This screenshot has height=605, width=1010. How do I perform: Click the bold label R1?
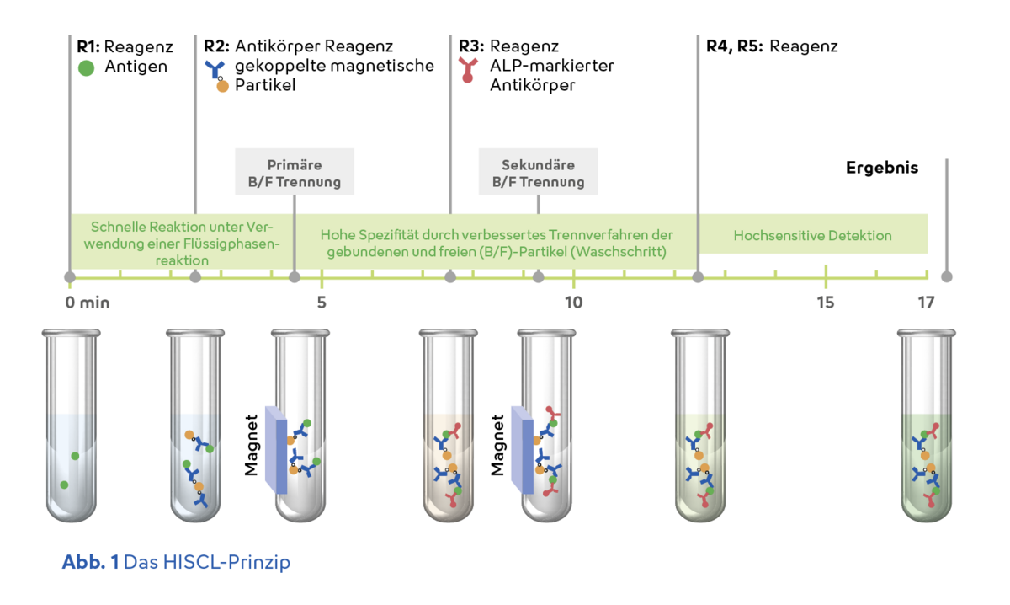(88, 46)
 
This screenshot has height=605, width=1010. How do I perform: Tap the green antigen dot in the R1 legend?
(86, 68)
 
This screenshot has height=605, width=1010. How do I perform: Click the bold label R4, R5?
(734, 46)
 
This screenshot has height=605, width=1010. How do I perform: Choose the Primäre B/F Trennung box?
(295, 172)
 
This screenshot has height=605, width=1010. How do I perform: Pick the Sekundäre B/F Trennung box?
(539, 172)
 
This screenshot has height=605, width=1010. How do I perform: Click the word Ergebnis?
(882, 168)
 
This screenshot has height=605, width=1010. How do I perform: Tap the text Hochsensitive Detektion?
(812, 235)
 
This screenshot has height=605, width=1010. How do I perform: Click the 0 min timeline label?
(88, 302)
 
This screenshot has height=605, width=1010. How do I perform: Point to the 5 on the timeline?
(322, 302)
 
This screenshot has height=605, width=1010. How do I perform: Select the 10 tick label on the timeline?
(573, 302)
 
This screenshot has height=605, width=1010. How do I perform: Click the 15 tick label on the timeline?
(826, 302)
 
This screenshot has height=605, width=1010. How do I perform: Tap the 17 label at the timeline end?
(926, 302)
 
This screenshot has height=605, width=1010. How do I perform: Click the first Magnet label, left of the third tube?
(251, 445)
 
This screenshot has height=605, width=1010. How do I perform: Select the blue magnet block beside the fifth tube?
(523, 450)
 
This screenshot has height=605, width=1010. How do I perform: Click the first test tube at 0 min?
(72, 426)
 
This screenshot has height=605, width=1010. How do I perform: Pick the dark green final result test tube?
(927, 426)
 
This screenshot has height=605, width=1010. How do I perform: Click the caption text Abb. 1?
(91, 562)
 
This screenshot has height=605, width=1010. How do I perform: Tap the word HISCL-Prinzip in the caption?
(226, 563)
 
